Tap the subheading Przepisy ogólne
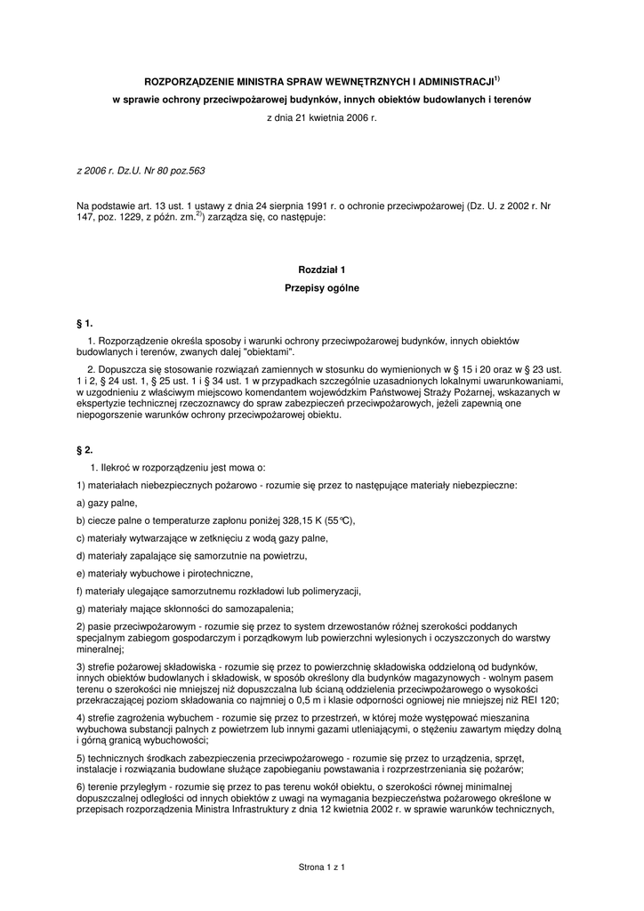coord(321,287)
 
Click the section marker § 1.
coord(85,322)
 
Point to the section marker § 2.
coord(85,449)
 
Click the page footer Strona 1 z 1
coord(321,866)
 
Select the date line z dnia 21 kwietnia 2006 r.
coord(321,117)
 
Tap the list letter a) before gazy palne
coord(82,503)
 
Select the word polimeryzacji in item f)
coord(331,591)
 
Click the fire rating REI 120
coord(539,700)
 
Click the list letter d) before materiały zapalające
coord(82,555)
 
